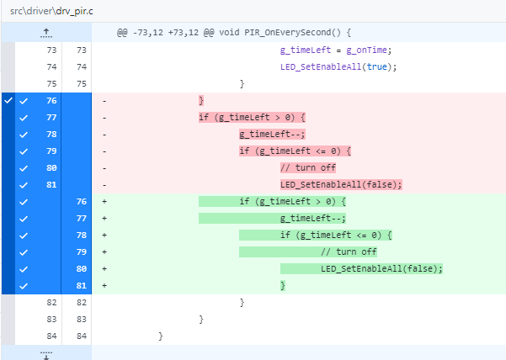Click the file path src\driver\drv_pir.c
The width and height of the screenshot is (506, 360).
51,11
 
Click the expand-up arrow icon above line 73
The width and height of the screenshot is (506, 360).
46,33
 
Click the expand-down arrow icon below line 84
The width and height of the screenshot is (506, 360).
46,355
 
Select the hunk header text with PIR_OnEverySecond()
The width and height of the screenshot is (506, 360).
234,33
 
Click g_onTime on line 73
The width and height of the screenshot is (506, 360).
366,50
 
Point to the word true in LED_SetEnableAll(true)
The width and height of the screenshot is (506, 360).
376,66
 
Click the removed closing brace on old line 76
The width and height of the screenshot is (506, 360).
201,101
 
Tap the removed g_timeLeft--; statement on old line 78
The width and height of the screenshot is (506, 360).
272,134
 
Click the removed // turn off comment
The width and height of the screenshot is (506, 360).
308,167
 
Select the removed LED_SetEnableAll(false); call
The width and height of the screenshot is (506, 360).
341,185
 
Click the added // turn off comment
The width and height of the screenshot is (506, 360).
349,251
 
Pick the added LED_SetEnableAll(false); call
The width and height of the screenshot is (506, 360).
381,268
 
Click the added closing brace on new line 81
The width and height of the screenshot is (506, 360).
283,285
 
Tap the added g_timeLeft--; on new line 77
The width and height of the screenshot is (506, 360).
312,218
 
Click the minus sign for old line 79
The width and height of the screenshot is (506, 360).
104,151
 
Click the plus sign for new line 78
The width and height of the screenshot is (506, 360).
104,235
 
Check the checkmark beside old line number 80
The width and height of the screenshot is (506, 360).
24,168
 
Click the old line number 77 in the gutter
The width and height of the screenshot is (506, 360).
51,117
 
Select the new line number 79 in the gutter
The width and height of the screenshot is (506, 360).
82,251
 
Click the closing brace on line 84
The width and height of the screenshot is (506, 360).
160,336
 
